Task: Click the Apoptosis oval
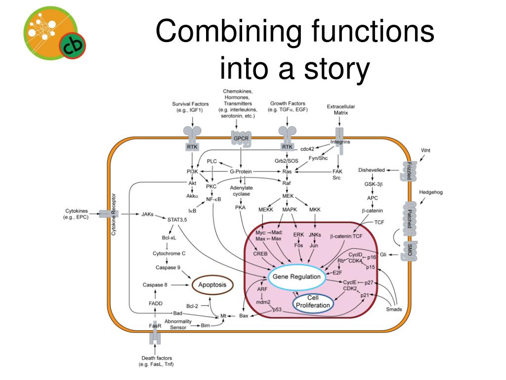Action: point(212,285)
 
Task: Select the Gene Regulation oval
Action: point(296,277)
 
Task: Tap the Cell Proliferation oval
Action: point(313,302)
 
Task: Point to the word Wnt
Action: point(425,150)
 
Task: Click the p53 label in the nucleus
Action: point(277,310)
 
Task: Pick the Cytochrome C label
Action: point(169,253)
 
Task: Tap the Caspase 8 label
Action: point(155,285)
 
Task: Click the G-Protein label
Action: point(240,172)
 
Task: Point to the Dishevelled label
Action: point(372,170)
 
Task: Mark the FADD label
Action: point(156,303)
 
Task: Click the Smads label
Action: point(394,310)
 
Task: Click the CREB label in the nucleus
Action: point(260,254)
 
